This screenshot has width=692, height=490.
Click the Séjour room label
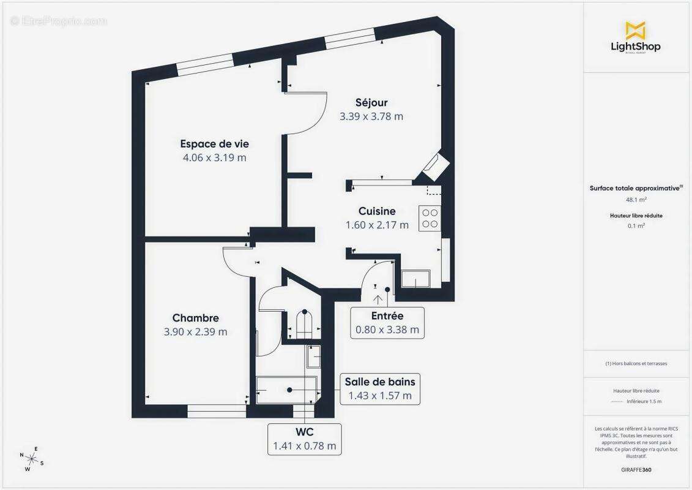click(371, 102)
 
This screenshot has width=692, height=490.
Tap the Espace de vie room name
click(214, 144)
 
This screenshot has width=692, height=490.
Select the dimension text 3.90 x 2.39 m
click(195, 332)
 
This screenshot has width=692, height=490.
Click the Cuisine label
click(377, 211)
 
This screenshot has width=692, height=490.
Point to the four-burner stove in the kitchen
click(430, 219)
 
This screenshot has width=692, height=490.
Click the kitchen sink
click(415, 279)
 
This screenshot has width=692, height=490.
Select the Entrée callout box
click(387, 323)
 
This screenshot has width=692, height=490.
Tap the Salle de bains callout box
click(380, 388)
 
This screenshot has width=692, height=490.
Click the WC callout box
click(304, 439)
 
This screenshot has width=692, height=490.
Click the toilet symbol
click(304, 323)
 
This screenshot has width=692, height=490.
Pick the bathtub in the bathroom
click(286, 390)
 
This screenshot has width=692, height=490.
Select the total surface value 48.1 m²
click(636, 200)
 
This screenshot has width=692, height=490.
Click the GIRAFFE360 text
click(636, 470)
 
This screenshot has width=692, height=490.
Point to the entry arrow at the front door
click(378, 300)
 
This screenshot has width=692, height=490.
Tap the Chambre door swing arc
click(236, 263)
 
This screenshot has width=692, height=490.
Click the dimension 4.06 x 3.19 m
click(214, 157)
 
